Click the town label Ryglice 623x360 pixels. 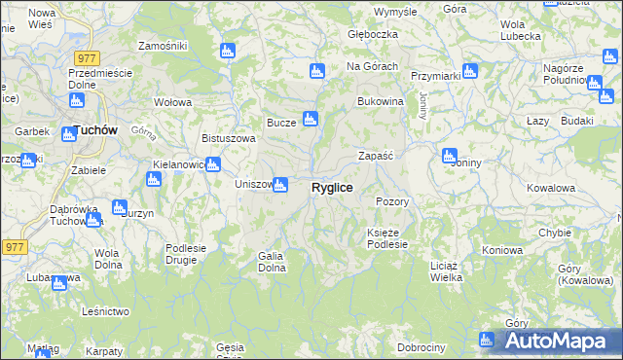332,187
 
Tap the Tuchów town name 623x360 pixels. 95,128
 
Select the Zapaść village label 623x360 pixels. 375,156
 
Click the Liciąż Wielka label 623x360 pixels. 446,270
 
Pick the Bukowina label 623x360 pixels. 381,101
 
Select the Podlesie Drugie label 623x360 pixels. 186,253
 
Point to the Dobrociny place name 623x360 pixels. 421,347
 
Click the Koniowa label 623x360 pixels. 502,250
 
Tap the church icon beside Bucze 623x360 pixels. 311,120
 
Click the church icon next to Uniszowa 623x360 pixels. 280,184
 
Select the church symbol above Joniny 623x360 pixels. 450,155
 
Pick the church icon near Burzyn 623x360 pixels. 120,207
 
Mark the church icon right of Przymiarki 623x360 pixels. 470,71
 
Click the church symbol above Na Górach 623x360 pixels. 316,71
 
